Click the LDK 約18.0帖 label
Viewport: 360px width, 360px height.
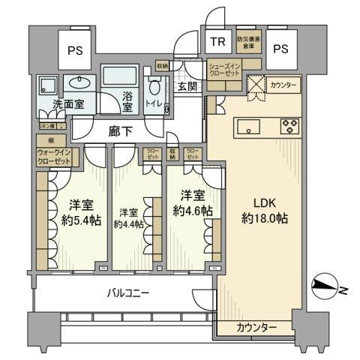point(262,209)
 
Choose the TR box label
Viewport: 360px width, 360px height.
point(217,42)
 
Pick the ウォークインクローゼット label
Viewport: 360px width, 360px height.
point(53,157)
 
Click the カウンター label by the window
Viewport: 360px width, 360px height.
point(256,327)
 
